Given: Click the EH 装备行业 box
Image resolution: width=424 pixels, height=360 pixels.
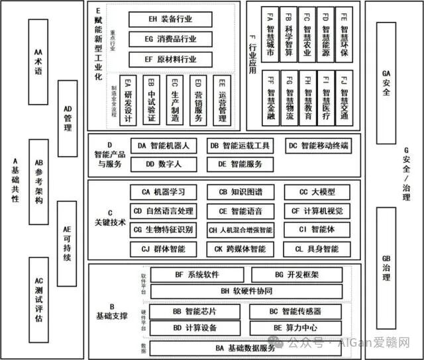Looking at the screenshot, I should pos(171,21).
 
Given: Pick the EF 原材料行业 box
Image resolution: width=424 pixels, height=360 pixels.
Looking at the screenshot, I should pos(171,59).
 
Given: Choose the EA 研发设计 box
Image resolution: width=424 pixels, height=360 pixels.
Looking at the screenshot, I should pos(129,101).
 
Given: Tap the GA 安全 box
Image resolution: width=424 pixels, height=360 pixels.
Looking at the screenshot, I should pos(386,83).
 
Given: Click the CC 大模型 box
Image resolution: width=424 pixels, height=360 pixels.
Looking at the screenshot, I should pos(313,193).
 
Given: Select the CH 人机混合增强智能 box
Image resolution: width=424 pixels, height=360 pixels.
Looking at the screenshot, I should pos(240,230).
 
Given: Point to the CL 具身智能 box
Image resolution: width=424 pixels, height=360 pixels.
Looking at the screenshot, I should pos(313,249).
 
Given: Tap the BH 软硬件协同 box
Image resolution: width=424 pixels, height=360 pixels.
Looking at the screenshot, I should pos(246,291).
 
